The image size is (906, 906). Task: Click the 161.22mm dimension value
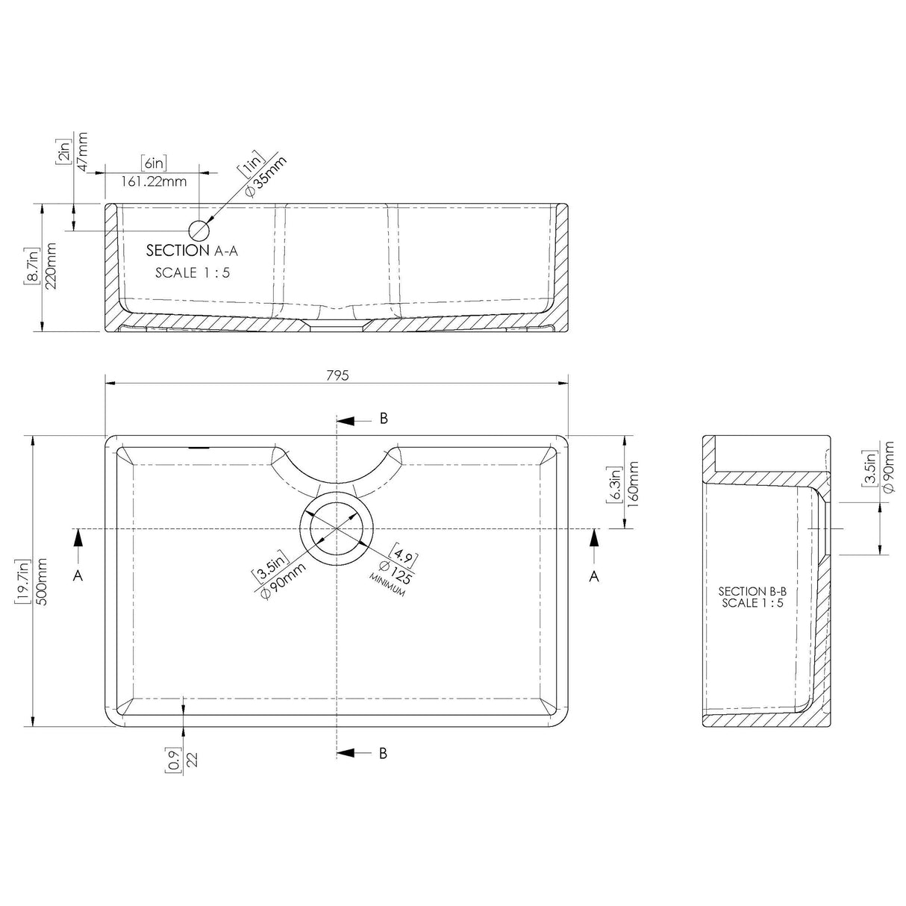click(154, 181)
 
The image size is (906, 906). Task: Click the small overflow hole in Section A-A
click(199, 230)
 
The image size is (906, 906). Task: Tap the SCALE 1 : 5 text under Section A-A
click(193, 273)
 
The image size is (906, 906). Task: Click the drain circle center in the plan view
click(337, 528)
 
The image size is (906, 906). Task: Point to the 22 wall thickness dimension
click(192, 760)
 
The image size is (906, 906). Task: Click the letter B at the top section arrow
click(384, 419)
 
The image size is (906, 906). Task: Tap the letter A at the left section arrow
click(78, 575)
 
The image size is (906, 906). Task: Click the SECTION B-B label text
click(752, 591)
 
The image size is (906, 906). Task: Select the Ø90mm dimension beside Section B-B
click(887, 466)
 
